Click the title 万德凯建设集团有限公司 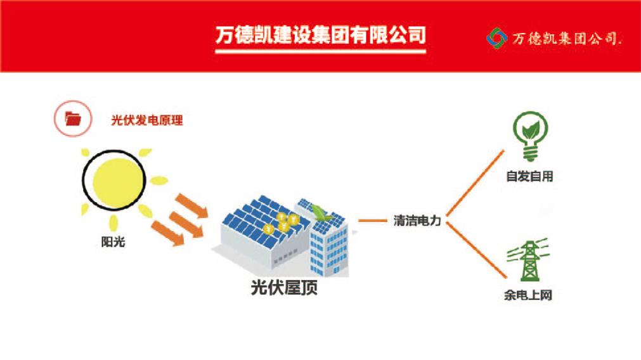pyautogui.click(x=321, y=35)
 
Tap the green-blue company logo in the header pyautogui.click(x=496, y=38)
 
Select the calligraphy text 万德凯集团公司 pyautogui.click(x=567, y=39)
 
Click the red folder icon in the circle pyautogui.click(x=73, y=119)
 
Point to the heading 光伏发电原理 pyautogui.click(x=147, y=120)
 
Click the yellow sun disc pyautogui.click(x=114, y=180)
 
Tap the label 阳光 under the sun pyautogui.click(x=113, y=242)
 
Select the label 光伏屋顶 pyautogui.click(x=284, y=287)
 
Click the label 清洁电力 pyautogui.click(x=417, y=221)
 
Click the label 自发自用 pyautogui.click(x=530, y=177)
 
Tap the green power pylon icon pyautogui.click(x=528, y=260)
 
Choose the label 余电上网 pyautogui.click(x=528, y=295)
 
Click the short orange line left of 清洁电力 pyautogui.click(x=372, y=221)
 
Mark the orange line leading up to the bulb pyautogui.click(x=475, y=183)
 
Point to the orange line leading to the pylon pyautogui.click(x=476, y=250)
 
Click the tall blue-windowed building pyautogui.click(x=329, y=245)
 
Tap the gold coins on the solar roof pyautogui.click(x=283, y=222)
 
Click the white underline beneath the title pyautogui.click(x=321, y=51)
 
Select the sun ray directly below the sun pyautogui.click(x=113, y=223)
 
